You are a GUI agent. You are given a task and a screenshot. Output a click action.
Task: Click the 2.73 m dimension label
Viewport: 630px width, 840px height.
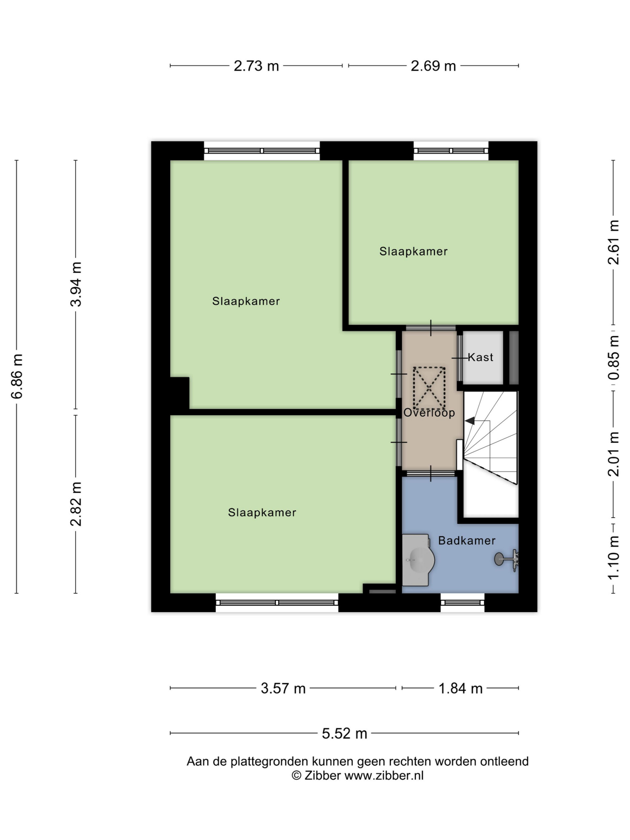tap(256, 66)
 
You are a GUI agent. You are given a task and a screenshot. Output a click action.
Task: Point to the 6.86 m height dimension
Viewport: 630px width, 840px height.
tap(17, 376)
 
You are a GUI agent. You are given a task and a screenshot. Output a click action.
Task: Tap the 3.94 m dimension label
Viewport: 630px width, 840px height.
tap(76, 284)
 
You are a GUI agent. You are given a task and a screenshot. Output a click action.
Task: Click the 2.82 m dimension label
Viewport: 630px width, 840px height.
tap(76, 504)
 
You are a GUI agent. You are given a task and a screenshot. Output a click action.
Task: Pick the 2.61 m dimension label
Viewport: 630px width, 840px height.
tap(614, 242)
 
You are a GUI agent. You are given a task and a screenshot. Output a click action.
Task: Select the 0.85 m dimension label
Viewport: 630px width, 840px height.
tap(614, 358)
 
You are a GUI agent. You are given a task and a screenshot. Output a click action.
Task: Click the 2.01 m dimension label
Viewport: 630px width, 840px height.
tap(614, 454)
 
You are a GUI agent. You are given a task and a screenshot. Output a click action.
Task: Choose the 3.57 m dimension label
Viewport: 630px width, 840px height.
tap(283, 689)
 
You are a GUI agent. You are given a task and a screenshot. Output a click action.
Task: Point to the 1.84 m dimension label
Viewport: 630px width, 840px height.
tap(460, 689)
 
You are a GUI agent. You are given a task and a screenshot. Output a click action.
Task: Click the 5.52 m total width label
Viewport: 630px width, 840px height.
tap(344, 733)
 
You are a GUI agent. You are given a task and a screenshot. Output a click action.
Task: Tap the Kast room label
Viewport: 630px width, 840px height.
tap(480, 357)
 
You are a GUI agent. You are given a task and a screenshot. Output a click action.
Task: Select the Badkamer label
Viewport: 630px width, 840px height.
tap(467, 541)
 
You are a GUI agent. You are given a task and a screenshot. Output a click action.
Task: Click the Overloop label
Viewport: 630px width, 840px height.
tap(429, 413)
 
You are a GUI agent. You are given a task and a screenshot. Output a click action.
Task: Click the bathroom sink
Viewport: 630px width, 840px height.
tap(418, 560)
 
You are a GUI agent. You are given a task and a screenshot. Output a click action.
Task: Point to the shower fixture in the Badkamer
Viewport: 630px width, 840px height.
tap(507, 560)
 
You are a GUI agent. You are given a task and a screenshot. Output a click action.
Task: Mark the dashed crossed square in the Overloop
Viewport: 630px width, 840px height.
tap(429, 388)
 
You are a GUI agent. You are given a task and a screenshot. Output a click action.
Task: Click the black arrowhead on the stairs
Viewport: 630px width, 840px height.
tap(470, 421)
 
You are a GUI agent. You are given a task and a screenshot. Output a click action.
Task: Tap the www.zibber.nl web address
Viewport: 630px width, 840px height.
tap(384, 775)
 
